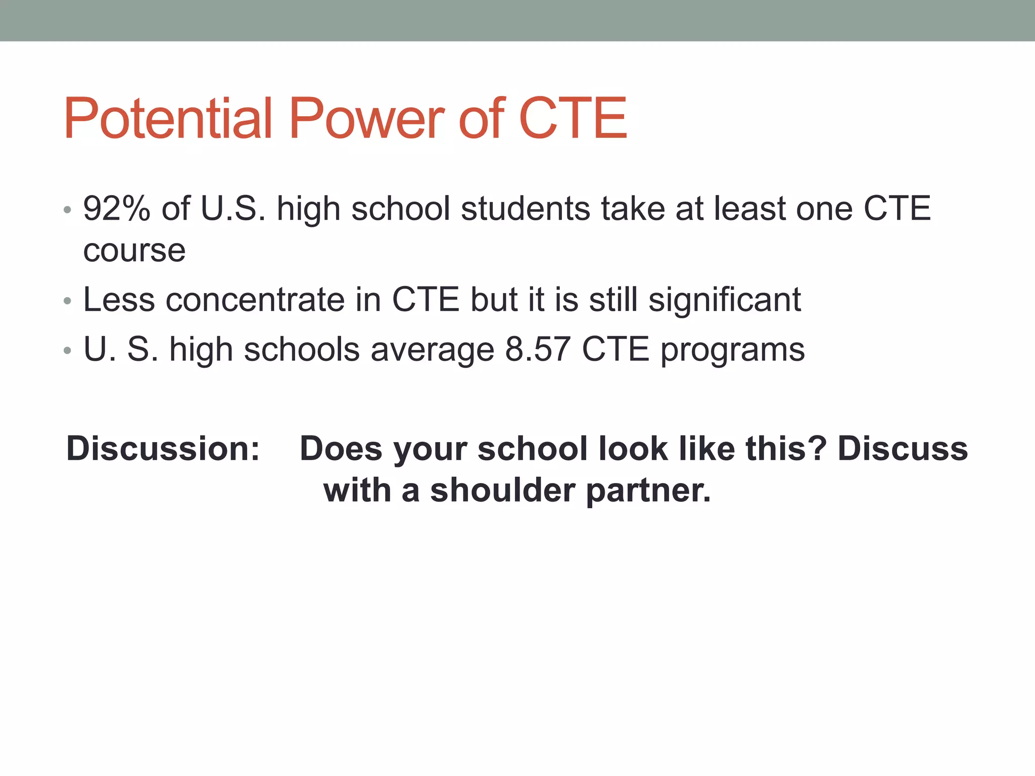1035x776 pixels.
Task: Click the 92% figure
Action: click(x=117, y=209)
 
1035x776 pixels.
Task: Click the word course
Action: click(x=134, y=251)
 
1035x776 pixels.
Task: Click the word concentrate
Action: click(x=255, y=300)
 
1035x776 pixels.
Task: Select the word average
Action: click(x=432, y=350)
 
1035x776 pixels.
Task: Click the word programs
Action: click(x=732, y=350)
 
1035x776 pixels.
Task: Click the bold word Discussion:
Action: click(x=163, y=449)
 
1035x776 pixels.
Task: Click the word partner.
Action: click(x=648, y=492)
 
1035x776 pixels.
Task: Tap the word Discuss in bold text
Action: click(x=903, y=449)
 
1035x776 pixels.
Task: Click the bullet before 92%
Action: click(x=67, y=210)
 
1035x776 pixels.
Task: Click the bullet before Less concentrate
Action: click(x=67, y=301)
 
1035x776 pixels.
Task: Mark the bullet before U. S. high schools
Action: click(x=67, y=350)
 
